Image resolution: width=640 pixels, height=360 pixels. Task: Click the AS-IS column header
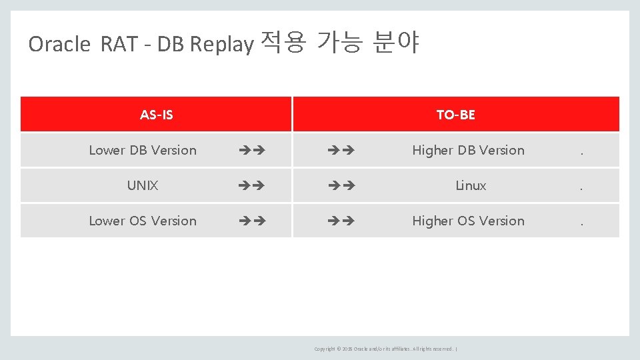point(156,115)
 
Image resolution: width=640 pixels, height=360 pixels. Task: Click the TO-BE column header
point(455,115)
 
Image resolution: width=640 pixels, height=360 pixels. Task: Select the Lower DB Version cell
point(143,150)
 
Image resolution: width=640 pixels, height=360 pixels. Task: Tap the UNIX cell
point(143,185)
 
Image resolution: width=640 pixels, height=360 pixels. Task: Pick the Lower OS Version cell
point(143,221)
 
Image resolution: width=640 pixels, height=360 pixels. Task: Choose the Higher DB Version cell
point(468,150)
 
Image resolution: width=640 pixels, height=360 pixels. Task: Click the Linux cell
point(471,185)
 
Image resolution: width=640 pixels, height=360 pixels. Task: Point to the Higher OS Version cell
point(468,221)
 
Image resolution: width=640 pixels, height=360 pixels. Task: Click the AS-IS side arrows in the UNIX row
point(252,186)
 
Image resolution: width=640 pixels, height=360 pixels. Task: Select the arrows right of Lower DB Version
point(252,151)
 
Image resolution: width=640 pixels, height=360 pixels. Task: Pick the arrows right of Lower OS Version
point(252,221)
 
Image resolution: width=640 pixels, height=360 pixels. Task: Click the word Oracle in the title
point(59,44)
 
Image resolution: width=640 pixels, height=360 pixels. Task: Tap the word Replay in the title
point(221,44)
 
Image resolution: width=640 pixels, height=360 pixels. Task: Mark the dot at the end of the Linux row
point(581,187)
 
